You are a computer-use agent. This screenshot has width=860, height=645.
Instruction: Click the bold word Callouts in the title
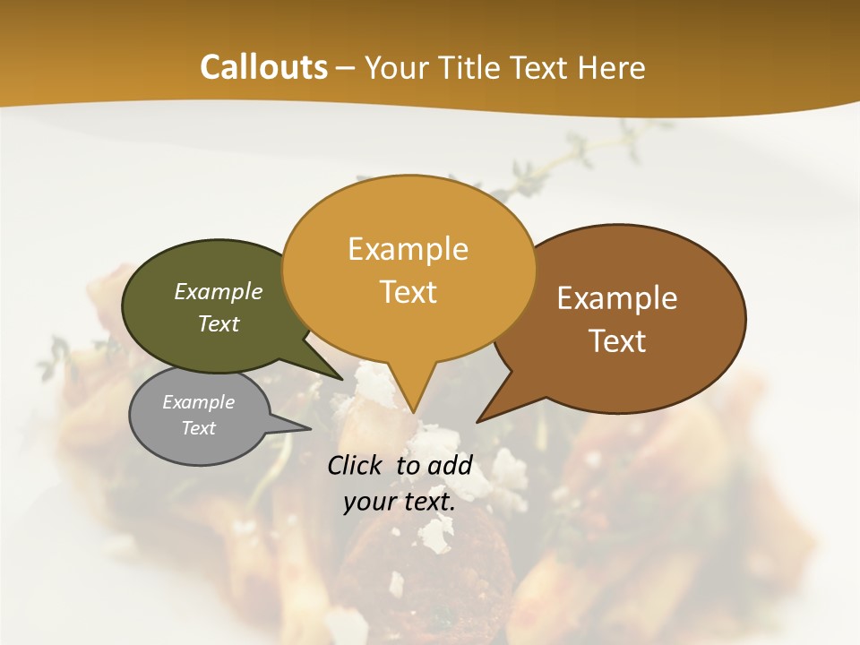[263, 67]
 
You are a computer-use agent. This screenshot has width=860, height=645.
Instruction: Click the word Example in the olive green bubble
[219, 292]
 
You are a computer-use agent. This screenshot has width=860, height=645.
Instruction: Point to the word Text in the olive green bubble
[219, 323]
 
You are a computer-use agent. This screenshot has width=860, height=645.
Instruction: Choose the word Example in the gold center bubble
[408, 249]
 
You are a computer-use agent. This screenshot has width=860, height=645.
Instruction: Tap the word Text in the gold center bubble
[408, 291]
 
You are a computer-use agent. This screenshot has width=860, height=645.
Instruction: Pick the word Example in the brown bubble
[617, 298]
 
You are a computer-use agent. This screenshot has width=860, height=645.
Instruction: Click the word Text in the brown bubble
[618, 341]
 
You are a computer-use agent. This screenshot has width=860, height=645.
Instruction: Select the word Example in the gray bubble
[199, 402]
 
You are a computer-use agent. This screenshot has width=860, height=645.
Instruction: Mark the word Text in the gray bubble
[199, 428]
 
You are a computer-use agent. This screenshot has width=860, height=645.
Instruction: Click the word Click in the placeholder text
[357, 465]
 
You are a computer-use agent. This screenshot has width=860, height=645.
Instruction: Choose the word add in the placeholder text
[453, 465]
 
